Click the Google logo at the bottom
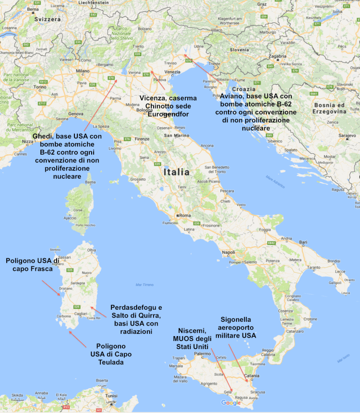click(x=231, y=403)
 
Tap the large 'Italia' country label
click(x=176, y=171)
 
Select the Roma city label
click(x=185, y=216)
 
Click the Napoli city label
click(x=228, y=253)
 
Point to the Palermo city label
click(x=203, y=354)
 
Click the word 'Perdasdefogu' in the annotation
click(x=137, y=307)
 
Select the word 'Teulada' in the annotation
click(x=111, y=363)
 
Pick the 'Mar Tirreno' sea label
click(x=144, y=285)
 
